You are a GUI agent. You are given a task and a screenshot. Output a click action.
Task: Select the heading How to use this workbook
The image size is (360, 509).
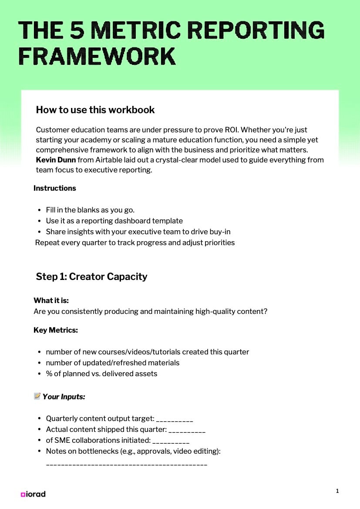pyautogui.click(x=95, y=110)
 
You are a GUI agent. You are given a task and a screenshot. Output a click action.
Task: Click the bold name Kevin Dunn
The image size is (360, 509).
pyautogui.click(x=55, y=160)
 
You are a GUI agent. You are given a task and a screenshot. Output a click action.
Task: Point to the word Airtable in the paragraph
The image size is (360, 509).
pyautogui.click(x=109, y=160)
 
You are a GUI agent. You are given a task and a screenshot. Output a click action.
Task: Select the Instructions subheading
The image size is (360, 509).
pyautogui.click(x=55, y=188)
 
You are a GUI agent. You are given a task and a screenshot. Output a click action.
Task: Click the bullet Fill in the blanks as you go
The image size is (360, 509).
pyautogui.click(x=90, y=210)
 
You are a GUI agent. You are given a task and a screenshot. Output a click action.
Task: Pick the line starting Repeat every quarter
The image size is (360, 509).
pyautogui.click(x=135, y=243)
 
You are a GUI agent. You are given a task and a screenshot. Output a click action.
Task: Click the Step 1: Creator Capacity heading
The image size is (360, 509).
pyautogui.click(x=91, y=276)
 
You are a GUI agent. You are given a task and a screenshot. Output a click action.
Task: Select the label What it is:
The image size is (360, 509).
pyautogui.click(x=51, y=300)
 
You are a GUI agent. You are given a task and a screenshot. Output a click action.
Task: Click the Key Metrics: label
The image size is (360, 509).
pyautogui.click(x=56, y=330)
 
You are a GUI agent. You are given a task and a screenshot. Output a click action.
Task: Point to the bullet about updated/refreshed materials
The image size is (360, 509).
pyautogui.click(x=112, y=363)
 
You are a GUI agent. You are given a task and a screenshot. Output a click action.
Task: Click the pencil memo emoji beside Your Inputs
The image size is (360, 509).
pyautogui.click(x=37, y=396)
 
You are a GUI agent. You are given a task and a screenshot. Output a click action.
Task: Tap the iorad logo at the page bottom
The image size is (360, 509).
pyautogui.click(x=33, y=494)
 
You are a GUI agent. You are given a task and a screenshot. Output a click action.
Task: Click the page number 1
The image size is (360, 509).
pyautogui.click(x=337, y=491)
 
